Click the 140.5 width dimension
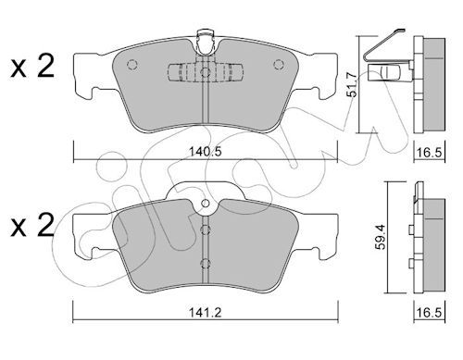click(206, 152)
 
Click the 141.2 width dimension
click(206, 313)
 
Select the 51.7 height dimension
click(352, 84)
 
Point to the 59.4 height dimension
click(381, 237)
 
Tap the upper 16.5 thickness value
click(429, 152)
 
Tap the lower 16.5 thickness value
click(429, 313)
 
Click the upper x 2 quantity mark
click(32, 66)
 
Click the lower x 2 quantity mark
click(32, 226)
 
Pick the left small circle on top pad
click(132, 65)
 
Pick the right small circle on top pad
click(279, 65)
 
